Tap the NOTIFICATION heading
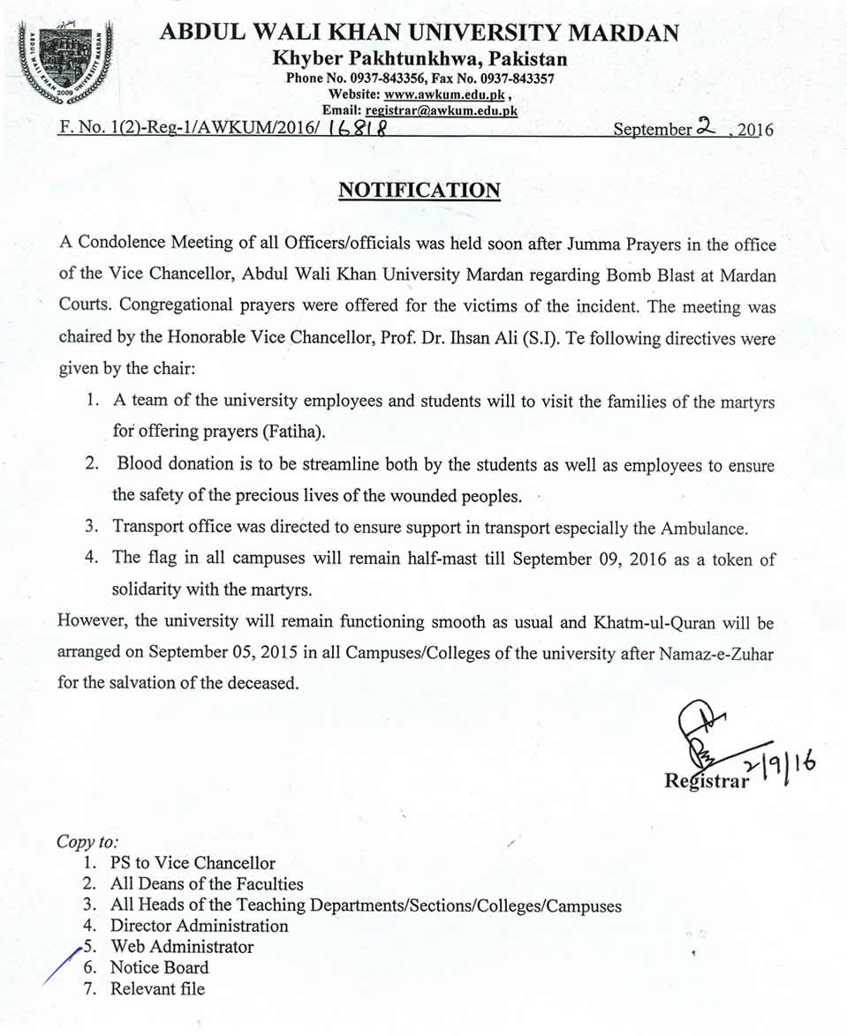coord(420,191)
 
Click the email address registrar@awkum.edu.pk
coord(442,110)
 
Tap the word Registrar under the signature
coord(706,779)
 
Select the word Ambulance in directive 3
coord(704,529)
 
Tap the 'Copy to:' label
coord(87,841)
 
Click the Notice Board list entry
coord(160,967)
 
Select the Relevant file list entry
coord(157,988)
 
